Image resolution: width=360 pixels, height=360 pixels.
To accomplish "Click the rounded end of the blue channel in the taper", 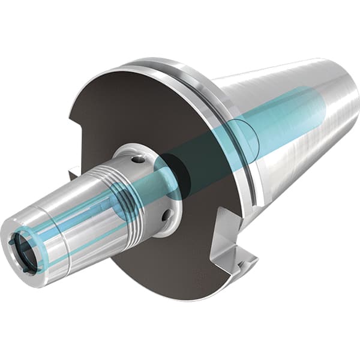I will (x=321, y=102).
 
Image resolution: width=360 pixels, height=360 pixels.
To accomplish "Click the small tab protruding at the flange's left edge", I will (x=73, y=174).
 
